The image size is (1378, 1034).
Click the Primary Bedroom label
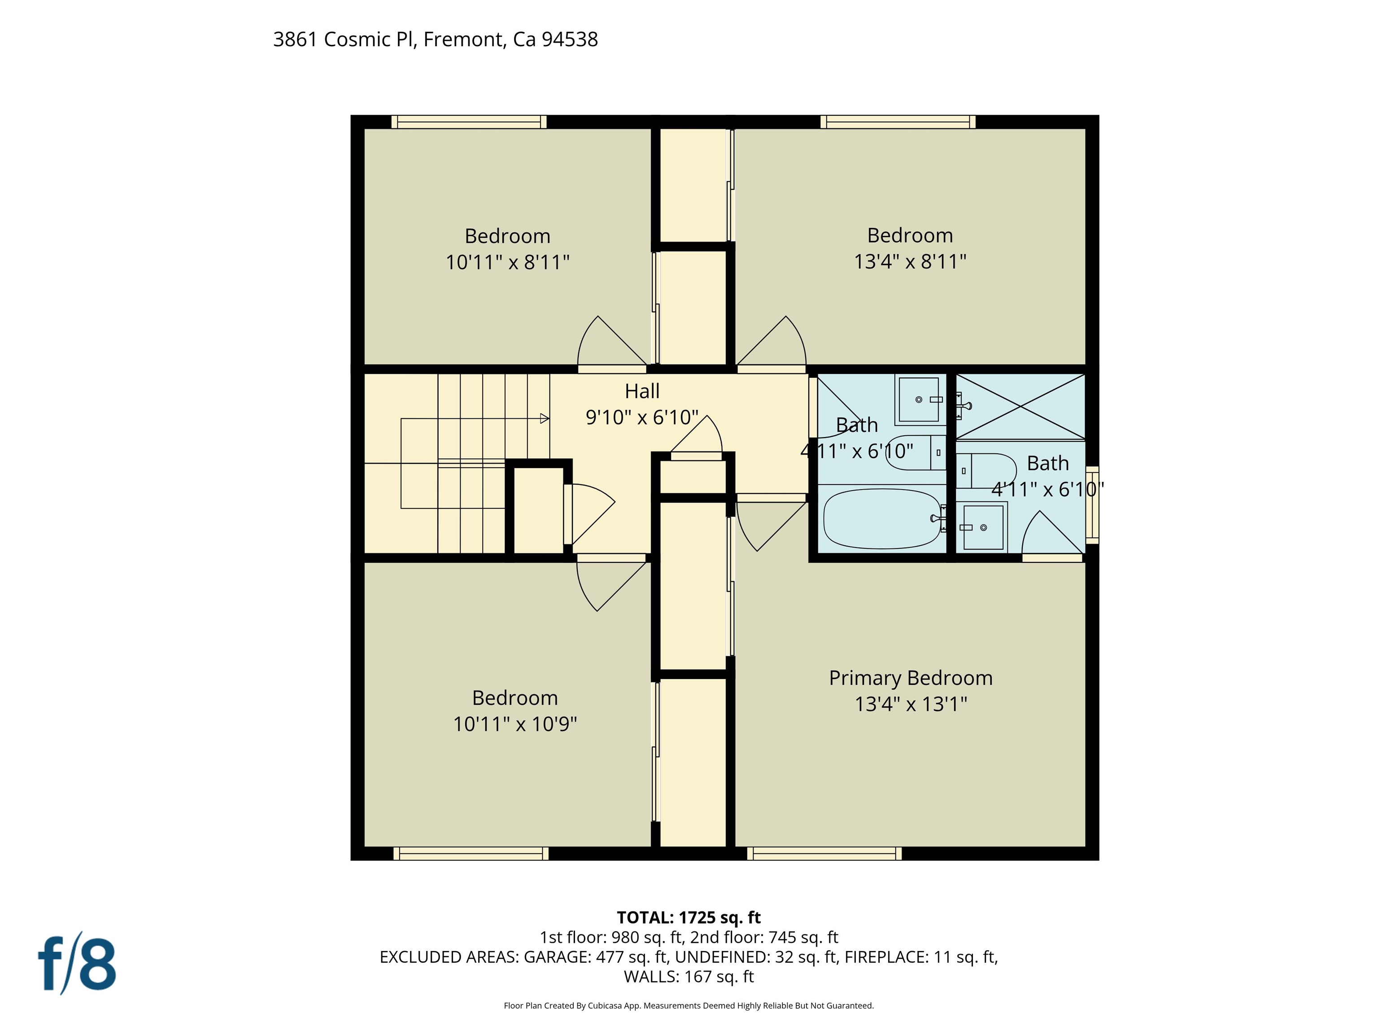910,678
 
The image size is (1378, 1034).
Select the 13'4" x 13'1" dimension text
910,704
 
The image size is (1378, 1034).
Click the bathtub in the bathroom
882,518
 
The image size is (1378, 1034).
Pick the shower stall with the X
1020,406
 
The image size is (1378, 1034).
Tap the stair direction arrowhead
545,418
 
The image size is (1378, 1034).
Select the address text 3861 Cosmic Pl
344,39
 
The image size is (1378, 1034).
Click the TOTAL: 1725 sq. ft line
689,917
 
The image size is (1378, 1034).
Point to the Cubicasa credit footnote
689,1005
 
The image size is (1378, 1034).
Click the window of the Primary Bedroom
824,853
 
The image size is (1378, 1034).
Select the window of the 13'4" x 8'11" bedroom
898,122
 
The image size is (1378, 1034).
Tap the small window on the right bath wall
1092,505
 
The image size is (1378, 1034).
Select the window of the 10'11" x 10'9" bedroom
471,853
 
